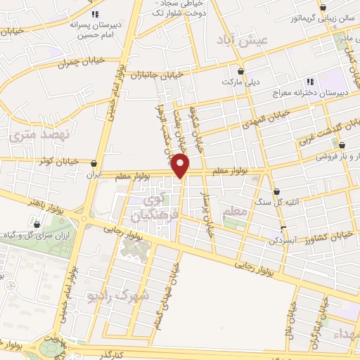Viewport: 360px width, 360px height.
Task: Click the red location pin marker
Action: click(x=181, y=166)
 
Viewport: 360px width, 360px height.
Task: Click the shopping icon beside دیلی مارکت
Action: click(x=240, y=72)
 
